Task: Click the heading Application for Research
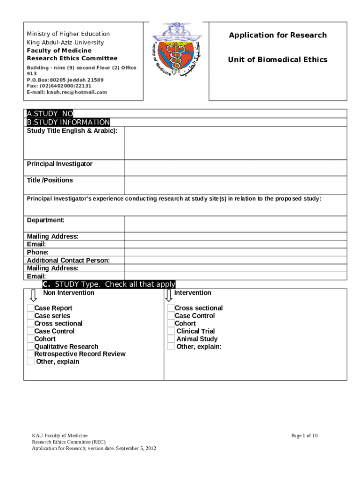coord(277,35)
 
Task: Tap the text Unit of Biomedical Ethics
coord(277,59)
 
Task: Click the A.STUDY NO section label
coord(50,114)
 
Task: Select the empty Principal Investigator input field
coord(235,168)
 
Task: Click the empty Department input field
coord(235,224)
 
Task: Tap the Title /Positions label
coord(50,180)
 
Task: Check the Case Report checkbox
coord(30,308)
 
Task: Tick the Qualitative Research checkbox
coord(30,347)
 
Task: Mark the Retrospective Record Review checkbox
coord(30,354)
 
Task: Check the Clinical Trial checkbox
coord(172,331)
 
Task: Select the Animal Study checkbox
coord(172,339)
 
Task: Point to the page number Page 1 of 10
coord(304,435)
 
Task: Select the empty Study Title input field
coord(235,143)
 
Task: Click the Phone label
coord(37,252)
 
